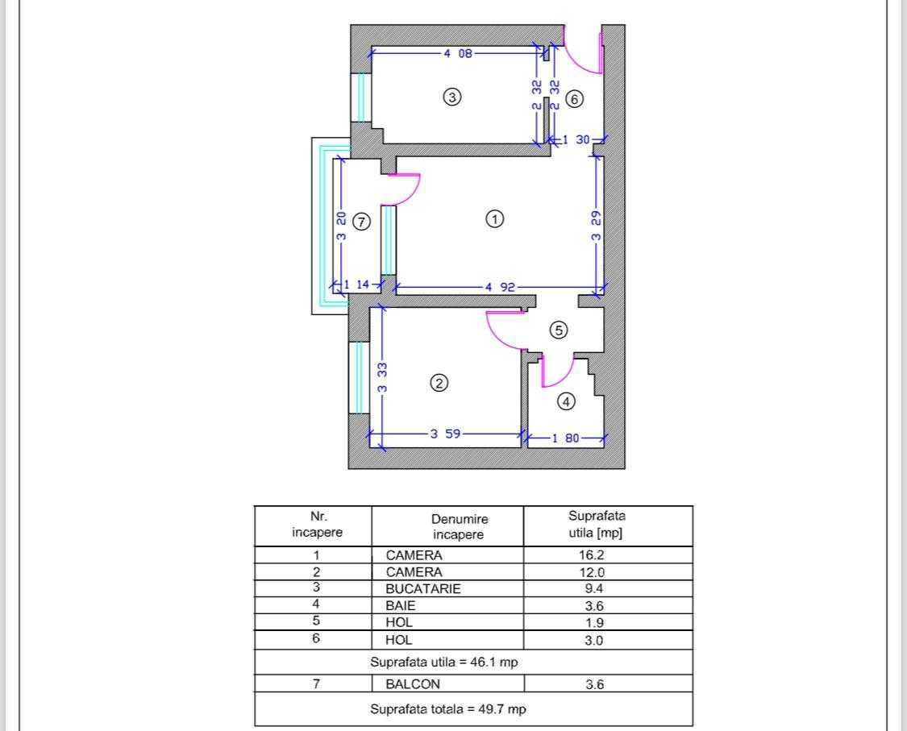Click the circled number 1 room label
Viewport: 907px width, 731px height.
(x=494, y=219)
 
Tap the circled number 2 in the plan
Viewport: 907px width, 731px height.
(x=439, y=383)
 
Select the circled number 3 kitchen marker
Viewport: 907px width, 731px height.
(x=451, y=97)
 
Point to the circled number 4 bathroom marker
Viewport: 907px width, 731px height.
(x=566, y=401)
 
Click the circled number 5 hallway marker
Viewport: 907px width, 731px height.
(x=558, y=330)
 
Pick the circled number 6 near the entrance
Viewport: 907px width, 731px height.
(x=574, y=99)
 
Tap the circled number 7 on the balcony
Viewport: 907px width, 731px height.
(x=361, y=222)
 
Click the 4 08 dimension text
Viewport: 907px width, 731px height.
(x=458, y=53)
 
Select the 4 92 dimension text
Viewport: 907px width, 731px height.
(x=501, y=287)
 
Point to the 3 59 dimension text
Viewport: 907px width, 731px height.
(x=445, y=433)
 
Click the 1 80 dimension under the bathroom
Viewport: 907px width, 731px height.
(x=565, y=438)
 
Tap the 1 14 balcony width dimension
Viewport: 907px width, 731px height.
(x=356, y=285)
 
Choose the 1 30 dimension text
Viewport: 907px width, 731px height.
(x=576, y=139)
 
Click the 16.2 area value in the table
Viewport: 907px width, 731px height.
(x=592, y=554)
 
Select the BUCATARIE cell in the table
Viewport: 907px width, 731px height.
(x=422, y=588)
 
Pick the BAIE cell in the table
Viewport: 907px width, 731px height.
(x=400, y=605)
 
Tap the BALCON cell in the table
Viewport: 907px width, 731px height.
(x=413, y=684)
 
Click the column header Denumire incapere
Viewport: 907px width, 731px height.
(x=460, y=526)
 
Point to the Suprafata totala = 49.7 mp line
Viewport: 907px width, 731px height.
(x=448, y=709)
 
